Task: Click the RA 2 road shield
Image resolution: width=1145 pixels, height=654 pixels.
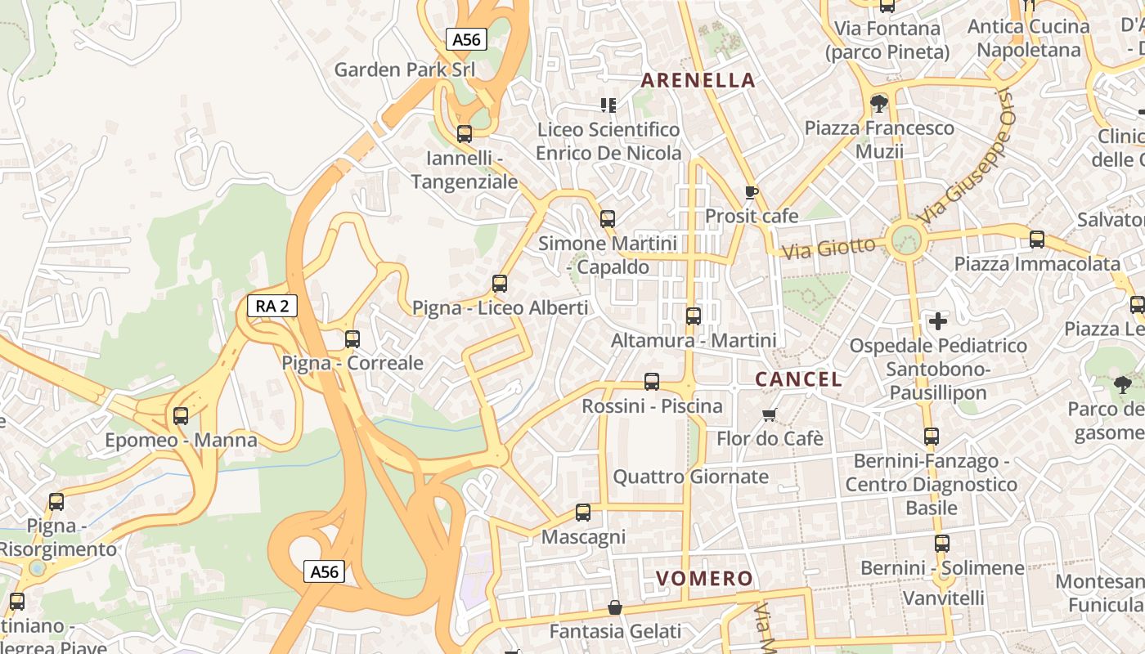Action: tap(272, 307)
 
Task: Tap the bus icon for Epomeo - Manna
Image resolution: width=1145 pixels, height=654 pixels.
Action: tap(181, 416)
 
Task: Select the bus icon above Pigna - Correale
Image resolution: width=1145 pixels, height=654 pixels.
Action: tap(352, 338)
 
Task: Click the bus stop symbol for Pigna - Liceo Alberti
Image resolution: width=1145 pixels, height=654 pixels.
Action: tap(500, 284)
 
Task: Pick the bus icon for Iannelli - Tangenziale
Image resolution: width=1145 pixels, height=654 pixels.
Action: tap(465, 134)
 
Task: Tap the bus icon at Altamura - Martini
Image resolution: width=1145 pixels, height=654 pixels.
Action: tap(694, 316)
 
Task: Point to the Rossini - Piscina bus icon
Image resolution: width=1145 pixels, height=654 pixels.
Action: tap(652, 382)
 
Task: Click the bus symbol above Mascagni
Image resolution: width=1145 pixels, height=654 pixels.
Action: tap(583, 513)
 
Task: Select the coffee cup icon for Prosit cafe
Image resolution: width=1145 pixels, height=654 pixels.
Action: tap(752, 193)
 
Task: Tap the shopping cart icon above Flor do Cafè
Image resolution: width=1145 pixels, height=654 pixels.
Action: tap(769, 415)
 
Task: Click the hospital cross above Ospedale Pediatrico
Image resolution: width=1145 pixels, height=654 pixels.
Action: tap(938, 321)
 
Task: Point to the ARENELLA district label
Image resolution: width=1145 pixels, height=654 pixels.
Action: tap(698, 80)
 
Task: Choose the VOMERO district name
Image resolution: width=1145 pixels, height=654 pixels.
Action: tap(704, 579)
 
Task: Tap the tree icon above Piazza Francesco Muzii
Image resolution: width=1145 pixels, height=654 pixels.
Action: tap(879, 104)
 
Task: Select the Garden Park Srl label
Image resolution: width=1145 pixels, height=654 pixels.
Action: tap(404, 69)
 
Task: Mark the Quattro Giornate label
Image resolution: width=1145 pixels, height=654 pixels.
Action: tap(691, 477)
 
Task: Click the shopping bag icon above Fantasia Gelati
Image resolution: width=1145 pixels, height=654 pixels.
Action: tap(615, 607)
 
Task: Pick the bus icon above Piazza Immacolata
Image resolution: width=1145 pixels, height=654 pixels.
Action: tap(1037, 240)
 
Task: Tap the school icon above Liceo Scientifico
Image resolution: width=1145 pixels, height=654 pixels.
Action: tap(608, 105)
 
